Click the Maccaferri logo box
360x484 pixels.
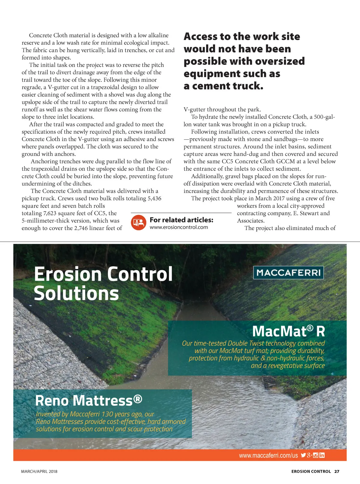coord(288,273)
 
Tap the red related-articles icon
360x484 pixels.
coord(138,223)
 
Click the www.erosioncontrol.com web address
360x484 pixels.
coord(178,227)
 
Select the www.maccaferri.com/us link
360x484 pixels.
coord(268,455)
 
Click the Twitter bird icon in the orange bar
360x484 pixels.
coord(303,455)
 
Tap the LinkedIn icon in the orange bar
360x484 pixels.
coord(322,455)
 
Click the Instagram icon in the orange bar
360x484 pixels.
coord(316,455)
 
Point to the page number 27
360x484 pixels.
coord(337,471)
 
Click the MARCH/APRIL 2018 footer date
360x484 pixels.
coord(39,471)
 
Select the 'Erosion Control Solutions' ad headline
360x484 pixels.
coord(103,283)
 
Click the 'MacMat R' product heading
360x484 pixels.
coord(288,331)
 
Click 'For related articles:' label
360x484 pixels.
coord(181,220)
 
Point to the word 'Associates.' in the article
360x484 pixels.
coord(251,221)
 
